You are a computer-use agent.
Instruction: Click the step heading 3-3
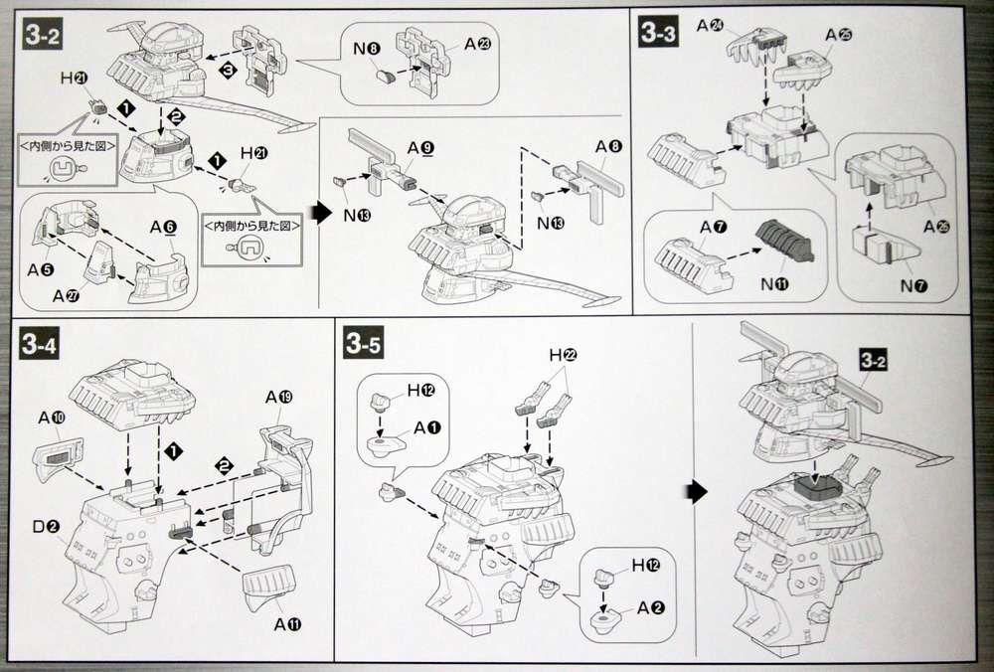pos(658,36)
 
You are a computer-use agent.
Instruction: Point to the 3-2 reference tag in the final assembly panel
pos(874,362)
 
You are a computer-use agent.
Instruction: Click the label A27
pos(66,295)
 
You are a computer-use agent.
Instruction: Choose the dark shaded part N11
pos(784,240)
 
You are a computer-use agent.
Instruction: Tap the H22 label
pos(562,355)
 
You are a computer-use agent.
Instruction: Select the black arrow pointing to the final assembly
pos(698,490)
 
